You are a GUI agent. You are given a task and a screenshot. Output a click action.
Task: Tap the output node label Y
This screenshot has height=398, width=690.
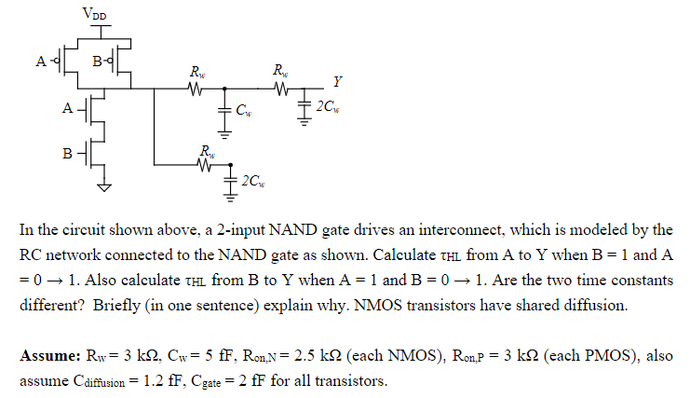pyautogui.click(x=336, y=80)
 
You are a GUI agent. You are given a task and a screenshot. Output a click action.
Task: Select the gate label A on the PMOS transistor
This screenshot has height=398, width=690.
pyautogui.click(x=40, y=62)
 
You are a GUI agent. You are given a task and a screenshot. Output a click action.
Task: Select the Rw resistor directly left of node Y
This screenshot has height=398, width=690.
pyautogui.click(x=280, y=89)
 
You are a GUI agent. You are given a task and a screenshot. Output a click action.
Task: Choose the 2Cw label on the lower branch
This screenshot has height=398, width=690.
pyautogui.click(x=252, y=180)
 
